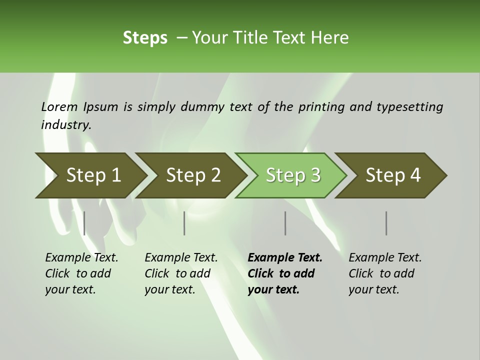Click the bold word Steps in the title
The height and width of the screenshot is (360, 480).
tap(145, 37)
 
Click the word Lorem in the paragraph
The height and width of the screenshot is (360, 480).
tap(59, 106)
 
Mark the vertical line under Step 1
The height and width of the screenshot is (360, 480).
tap(84, 223)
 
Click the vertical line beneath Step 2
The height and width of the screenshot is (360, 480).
tap(184, 223)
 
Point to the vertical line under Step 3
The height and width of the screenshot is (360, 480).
tap(285, 223)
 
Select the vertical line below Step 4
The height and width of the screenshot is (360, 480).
tap(386, 223)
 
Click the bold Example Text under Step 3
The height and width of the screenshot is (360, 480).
tap(285, 258)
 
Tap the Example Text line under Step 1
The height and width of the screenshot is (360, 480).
tap(81, 258)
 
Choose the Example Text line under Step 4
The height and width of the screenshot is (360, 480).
tap(385, 258)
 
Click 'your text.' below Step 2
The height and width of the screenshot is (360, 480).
tap(169, 289)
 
